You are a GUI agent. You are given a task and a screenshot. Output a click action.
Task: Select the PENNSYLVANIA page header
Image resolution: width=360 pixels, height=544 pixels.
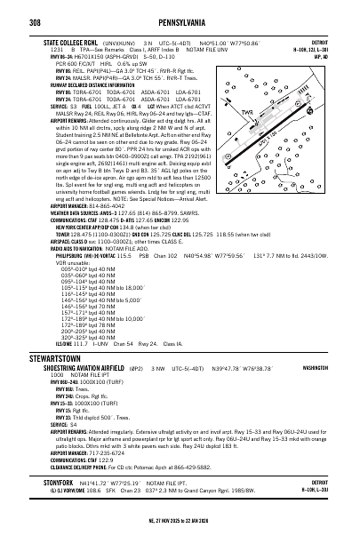click(x=180, y=18)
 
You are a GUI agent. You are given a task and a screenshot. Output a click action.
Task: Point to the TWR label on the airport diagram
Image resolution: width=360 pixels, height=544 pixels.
click(x=253, y=115)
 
